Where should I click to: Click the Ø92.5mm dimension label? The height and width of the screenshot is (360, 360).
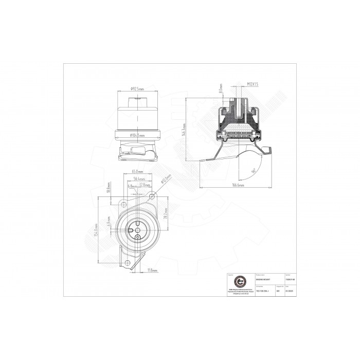click(x=137, y=89)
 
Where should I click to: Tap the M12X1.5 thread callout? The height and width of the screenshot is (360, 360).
click(x=251, y=83)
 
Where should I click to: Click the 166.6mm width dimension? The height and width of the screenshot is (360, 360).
click(x=237, y=185)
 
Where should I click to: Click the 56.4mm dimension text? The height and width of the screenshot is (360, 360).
click(x=137, y=179)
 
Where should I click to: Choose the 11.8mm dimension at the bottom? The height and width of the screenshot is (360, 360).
click(x=152, y=269)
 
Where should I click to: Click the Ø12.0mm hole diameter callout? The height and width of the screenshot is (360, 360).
click(x=164, y=180)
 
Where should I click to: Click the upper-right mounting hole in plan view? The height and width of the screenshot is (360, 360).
click(x=151, y=196)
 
